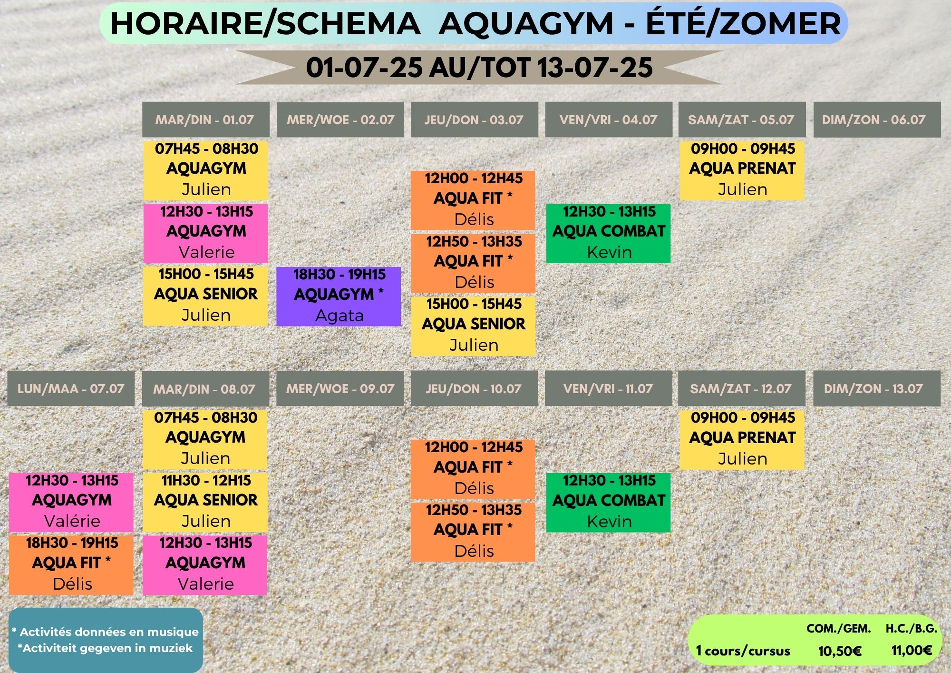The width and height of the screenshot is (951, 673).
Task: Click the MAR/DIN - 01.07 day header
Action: [x=206, y=119]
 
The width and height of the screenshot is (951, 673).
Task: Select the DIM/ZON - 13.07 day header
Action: [x=877, y=388]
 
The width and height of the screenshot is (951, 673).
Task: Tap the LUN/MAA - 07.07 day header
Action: [x=71, y=388]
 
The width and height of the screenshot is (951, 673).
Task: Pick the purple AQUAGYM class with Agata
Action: [x=339, y=297]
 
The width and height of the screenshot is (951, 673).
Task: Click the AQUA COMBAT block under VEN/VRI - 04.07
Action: [x=608, y=233]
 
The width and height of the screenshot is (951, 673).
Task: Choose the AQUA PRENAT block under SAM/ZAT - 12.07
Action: [x=742, y=439]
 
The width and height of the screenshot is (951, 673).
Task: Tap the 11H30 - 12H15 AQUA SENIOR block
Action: [x=205, y=502]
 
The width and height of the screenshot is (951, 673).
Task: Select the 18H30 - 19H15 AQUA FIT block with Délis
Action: [x=71, y=564]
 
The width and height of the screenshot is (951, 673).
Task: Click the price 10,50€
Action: [x=840, y=651]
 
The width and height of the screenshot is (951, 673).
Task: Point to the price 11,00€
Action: [x=912, y=650]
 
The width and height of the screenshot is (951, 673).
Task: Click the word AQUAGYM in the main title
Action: [x=526, y=23]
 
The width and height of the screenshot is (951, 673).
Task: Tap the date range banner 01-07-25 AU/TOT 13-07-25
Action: [x=479, y=67]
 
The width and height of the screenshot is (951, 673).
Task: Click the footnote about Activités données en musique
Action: [x=105, y=632]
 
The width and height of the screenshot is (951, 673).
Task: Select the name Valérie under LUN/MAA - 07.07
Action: [x=72, y=521]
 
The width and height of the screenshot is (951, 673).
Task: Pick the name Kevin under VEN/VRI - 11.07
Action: [x=609, y=522]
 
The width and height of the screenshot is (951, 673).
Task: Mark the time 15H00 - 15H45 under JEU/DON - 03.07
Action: [x=474, y=304]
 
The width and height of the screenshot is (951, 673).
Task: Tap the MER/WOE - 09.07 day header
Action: [x=340, y=388]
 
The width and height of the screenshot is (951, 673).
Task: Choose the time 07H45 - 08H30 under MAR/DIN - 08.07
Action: [x=205, y=418]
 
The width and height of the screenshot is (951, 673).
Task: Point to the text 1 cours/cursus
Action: [x=743, y=651]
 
